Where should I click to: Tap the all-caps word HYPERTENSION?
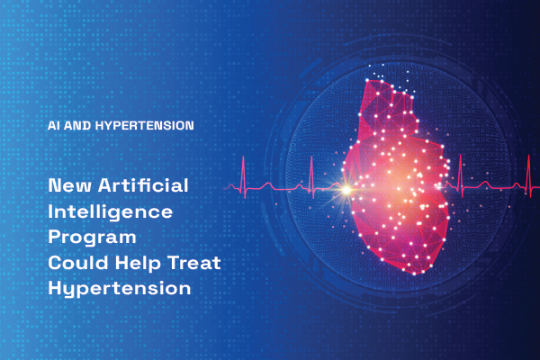tap(144, 125)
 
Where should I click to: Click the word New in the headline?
tap(69, 185)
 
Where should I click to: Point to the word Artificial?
tap(143, 185)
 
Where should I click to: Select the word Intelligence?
tap(110, 211)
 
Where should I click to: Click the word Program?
tap(92, 238)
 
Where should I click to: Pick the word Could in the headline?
tap(78, 263)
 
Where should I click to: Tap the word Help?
tap(138, 263)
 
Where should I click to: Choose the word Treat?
tap(194, 263)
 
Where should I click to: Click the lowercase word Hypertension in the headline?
tap(119, 288)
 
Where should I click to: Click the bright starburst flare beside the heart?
tap(346, 190)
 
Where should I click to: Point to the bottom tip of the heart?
tap(415, 274)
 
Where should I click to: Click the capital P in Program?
tap(54, 237)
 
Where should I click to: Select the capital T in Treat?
tap(175, 263)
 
